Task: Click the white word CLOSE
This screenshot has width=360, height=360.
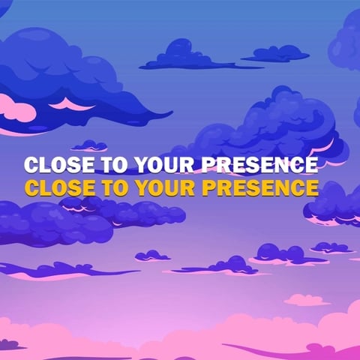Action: click(59, 164)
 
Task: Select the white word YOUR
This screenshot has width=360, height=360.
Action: click(164, 164)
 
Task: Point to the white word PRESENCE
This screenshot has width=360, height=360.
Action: click(259, 164)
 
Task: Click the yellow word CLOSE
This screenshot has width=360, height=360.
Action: click(59, 187)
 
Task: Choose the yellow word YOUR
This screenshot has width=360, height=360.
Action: click(164, 187)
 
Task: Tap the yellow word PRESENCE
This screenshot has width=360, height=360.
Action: click(259, 187)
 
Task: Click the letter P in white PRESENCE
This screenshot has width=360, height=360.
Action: click(208, 164)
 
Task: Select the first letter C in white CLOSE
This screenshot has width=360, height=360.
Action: click(31, 164)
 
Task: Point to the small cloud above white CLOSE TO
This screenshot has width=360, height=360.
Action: click(89, 146)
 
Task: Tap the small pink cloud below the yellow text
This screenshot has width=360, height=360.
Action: click(307, 300)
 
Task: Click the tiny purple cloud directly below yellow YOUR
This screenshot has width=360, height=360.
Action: click(152, 256)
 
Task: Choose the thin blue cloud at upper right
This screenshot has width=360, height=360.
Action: click(276, 55)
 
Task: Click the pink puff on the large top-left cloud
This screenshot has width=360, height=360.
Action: click(17, 108)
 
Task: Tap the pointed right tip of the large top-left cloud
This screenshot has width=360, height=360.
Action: click(172, 112)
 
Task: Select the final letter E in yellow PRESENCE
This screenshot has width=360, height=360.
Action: click(312, 187)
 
